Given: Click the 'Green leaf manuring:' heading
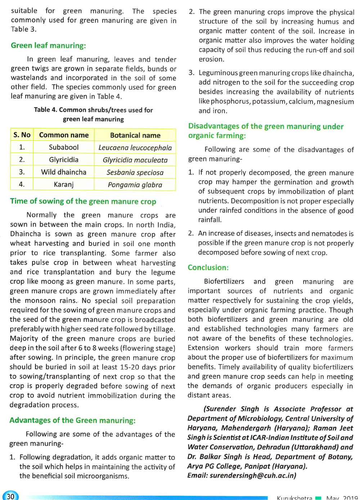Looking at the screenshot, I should click(x=48, y=46).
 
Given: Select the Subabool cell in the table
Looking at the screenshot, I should click(x=64, y=147).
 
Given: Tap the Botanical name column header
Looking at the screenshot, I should click(x=135, y=135).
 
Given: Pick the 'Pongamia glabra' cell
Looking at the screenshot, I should click(x=135, y=185).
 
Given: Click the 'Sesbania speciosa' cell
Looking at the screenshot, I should click(x=135, y=173).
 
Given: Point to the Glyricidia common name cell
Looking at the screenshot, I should click(x=64, y=160).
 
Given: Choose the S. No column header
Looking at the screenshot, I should click(x=22, y=135).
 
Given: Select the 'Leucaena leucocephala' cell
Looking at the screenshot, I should click(x=135, y=148).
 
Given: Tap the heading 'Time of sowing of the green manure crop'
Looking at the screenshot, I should click(x=83, y=201).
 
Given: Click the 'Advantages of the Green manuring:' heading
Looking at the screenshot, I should click(x=72, y=421).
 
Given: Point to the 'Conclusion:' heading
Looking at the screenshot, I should click(x=208, y=268).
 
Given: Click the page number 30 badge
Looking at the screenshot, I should click(x=10, y=496).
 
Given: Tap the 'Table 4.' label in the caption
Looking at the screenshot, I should click(x=45, y=110).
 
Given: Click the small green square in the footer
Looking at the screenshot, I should click(x=318, y=498).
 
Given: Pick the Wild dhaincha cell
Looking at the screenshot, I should click(x=64, y=172).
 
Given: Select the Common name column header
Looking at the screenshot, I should click(x=64, y=135).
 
